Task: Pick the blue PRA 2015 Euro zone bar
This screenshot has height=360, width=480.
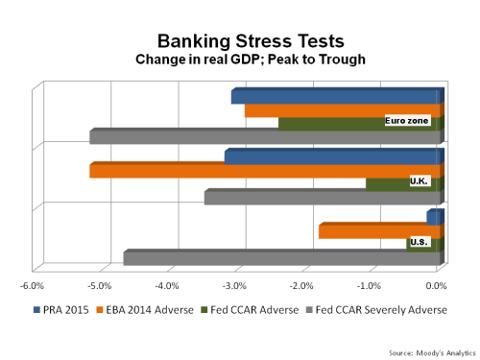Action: [336, 97]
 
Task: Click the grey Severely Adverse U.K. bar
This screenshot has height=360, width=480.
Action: [322, 198]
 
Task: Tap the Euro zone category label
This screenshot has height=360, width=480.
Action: [407, 121]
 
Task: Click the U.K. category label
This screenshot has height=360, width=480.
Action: [420, 180]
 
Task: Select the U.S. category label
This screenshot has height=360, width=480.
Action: [420, 242]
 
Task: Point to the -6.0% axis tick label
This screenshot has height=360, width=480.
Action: [33, 285]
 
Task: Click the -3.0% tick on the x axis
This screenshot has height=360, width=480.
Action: [234, 285]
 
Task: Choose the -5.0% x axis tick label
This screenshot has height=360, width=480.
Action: [100, 285]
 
